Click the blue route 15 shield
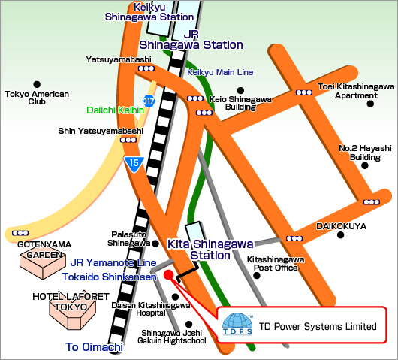pos(134,164)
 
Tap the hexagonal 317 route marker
pos(149,101)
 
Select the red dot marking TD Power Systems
pos(168,274)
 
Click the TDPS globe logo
pos(237,324)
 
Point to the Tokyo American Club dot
pos(37,84)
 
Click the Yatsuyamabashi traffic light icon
pos(146,68)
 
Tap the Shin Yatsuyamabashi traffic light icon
pos(128,140)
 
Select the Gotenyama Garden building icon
pos(43,263)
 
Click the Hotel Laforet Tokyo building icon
pos(73,312)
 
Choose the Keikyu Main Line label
pos(220,72)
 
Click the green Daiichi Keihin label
pos(115,110)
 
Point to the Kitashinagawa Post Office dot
pos(257,275)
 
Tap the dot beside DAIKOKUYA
pos(341,235)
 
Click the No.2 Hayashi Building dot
pos(365,165)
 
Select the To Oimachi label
pos(94,347)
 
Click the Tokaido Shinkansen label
pos(110,277)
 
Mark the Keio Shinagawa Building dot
pos(240,90)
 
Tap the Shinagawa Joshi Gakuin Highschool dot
pos(188,325)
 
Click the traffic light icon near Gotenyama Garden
pos(20,233)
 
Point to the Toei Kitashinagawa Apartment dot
pos(370,104)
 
